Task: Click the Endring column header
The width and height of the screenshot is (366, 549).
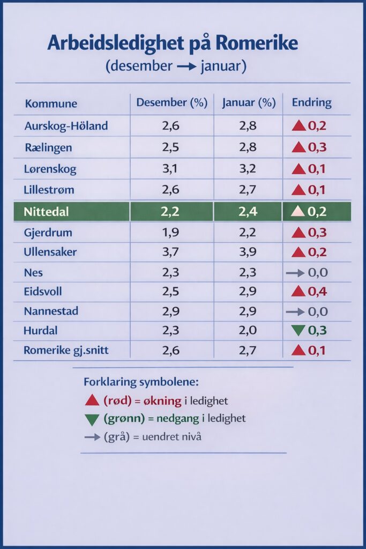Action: (x=311, y=103)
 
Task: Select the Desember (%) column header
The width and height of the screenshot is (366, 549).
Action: (x=171, y=103)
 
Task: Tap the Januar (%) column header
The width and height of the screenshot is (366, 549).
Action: (x=249, y=103)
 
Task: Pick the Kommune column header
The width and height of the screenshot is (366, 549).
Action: (x=51, y=103)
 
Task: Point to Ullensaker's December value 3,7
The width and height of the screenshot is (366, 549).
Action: (x=171, y=252)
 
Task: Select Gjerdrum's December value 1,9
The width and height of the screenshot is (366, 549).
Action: (x=171, y=233)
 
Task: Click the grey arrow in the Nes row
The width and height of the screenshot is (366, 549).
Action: (x=296, y=273)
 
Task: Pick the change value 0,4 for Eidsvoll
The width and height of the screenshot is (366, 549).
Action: (x=318, y=292)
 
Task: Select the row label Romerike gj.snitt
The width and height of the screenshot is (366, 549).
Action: (x=62, y=351)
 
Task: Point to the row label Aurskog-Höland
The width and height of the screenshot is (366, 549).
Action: (x=66, y=126)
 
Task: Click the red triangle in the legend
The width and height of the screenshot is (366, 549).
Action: (x=92, y=400)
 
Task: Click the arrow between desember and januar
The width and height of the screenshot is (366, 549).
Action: (x=186, y=67)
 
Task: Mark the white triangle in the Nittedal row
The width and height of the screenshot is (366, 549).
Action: (x=299, y=211)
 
